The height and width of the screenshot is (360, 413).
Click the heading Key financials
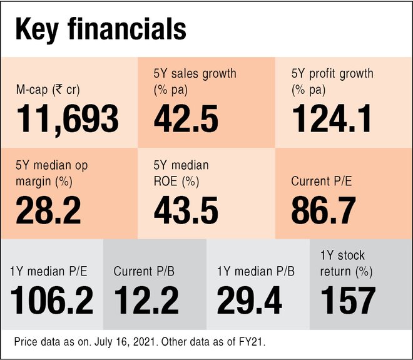(100, 29)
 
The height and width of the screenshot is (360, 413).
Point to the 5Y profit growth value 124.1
(332, 118)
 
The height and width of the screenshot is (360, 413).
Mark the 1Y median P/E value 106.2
(52, 300)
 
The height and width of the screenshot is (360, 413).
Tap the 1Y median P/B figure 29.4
(248, 300)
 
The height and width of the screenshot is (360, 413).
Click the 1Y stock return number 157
(348, 300)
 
